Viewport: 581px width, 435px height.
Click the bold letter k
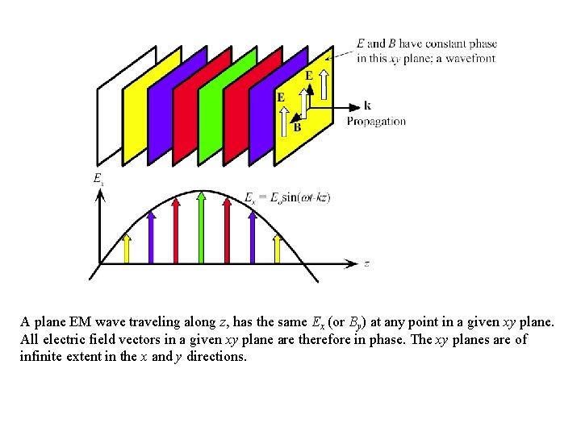coord(367,106)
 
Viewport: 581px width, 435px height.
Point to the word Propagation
coord(376,122)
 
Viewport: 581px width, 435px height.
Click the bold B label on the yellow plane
coord(297,126)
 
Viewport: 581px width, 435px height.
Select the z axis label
coord(367,263)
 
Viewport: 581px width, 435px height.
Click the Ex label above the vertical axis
coord(98,179)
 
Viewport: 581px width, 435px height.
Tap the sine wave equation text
coord(287,197)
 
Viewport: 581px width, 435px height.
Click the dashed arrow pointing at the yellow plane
coord(341,53)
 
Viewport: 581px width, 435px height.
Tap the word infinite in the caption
coord(40,356)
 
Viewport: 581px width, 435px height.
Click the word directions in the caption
coord(216,356)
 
